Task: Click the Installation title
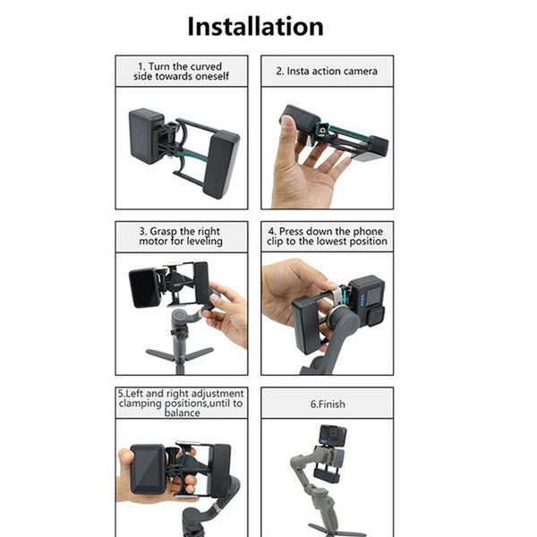pos(255,26)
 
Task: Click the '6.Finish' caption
pos(328,404)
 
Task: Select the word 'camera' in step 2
pos(360,71)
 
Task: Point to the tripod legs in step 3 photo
pos(180,357)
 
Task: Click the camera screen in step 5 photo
pos(147,470)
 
